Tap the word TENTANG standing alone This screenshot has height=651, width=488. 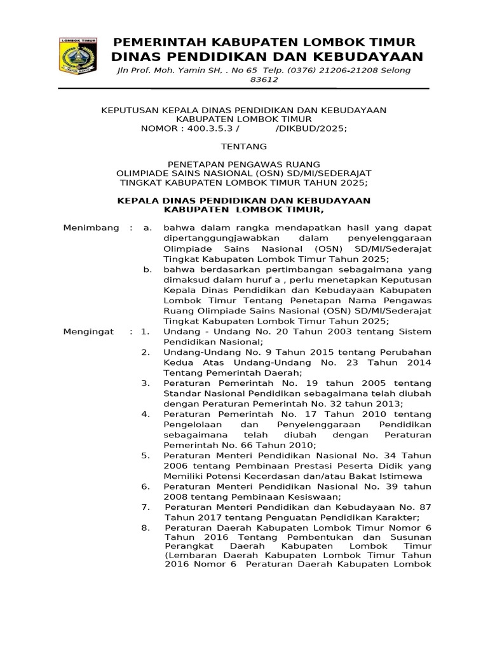coord(245,146)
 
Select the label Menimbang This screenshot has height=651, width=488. coord(91,228)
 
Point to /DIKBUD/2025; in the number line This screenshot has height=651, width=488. coord(311,129)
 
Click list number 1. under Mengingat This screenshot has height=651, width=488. coord(146,332)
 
